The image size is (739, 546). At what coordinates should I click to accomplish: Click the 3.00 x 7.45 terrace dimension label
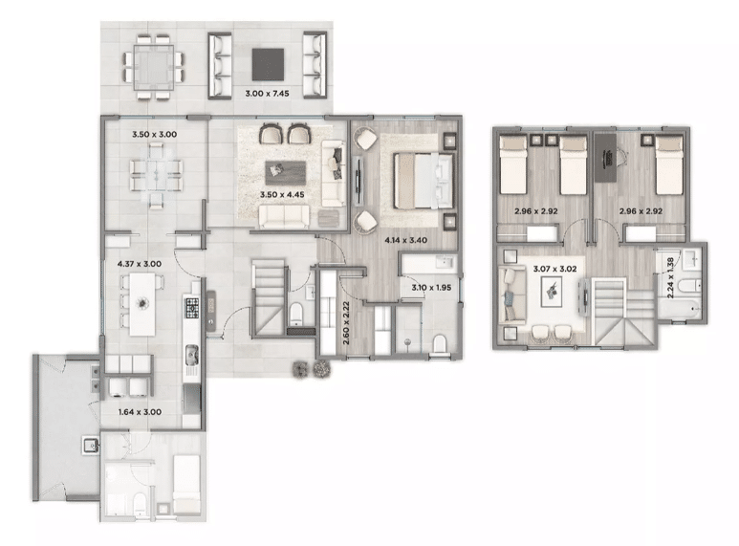point(267,94)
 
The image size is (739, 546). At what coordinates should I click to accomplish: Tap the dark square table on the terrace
point(268,65)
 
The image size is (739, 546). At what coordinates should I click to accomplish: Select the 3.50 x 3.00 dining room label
point(154,135)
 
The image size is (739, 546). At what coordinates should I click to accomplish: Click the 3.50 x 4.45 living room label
point(282,194)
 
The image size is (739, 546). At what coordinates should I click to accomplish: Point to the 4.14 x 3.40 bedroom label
point(405,240)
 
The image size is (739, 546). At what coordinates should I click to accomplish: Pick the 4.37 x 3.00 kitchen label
point(139,264)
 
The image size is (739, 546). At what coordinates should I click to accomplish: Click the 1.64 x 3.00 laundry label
point(140,412)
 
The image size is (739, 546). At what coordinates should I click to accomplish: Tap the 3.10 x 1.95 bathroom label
point(431,287)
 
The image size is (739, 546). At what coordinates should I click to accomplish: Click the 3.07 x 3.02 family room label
point(554,269)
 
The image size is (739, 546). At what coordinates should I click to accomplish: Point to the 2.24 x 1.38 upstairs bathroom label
point(670,277)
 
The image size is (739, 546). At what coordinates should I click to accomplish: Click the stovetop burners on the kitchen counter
point(191,307)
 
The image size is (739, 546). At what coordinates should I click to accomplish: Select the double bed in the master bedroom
point(424,181)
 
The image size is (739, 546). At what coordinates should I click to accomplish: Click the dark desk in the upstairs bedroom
point(605,158)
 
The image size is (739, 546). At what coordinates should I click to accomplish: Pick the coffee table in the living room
point(286,173)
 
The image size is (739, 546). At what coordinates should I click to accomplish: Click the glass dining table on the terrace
point(154,68)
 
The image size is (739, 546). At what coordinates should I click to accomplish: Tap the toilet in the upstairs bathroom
point(689,286)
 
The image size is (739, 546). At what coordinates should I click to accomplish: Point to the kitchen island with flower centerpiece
point(142,305)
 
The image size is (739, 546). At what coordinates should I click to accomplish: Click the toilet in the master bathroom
point(439,343)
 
